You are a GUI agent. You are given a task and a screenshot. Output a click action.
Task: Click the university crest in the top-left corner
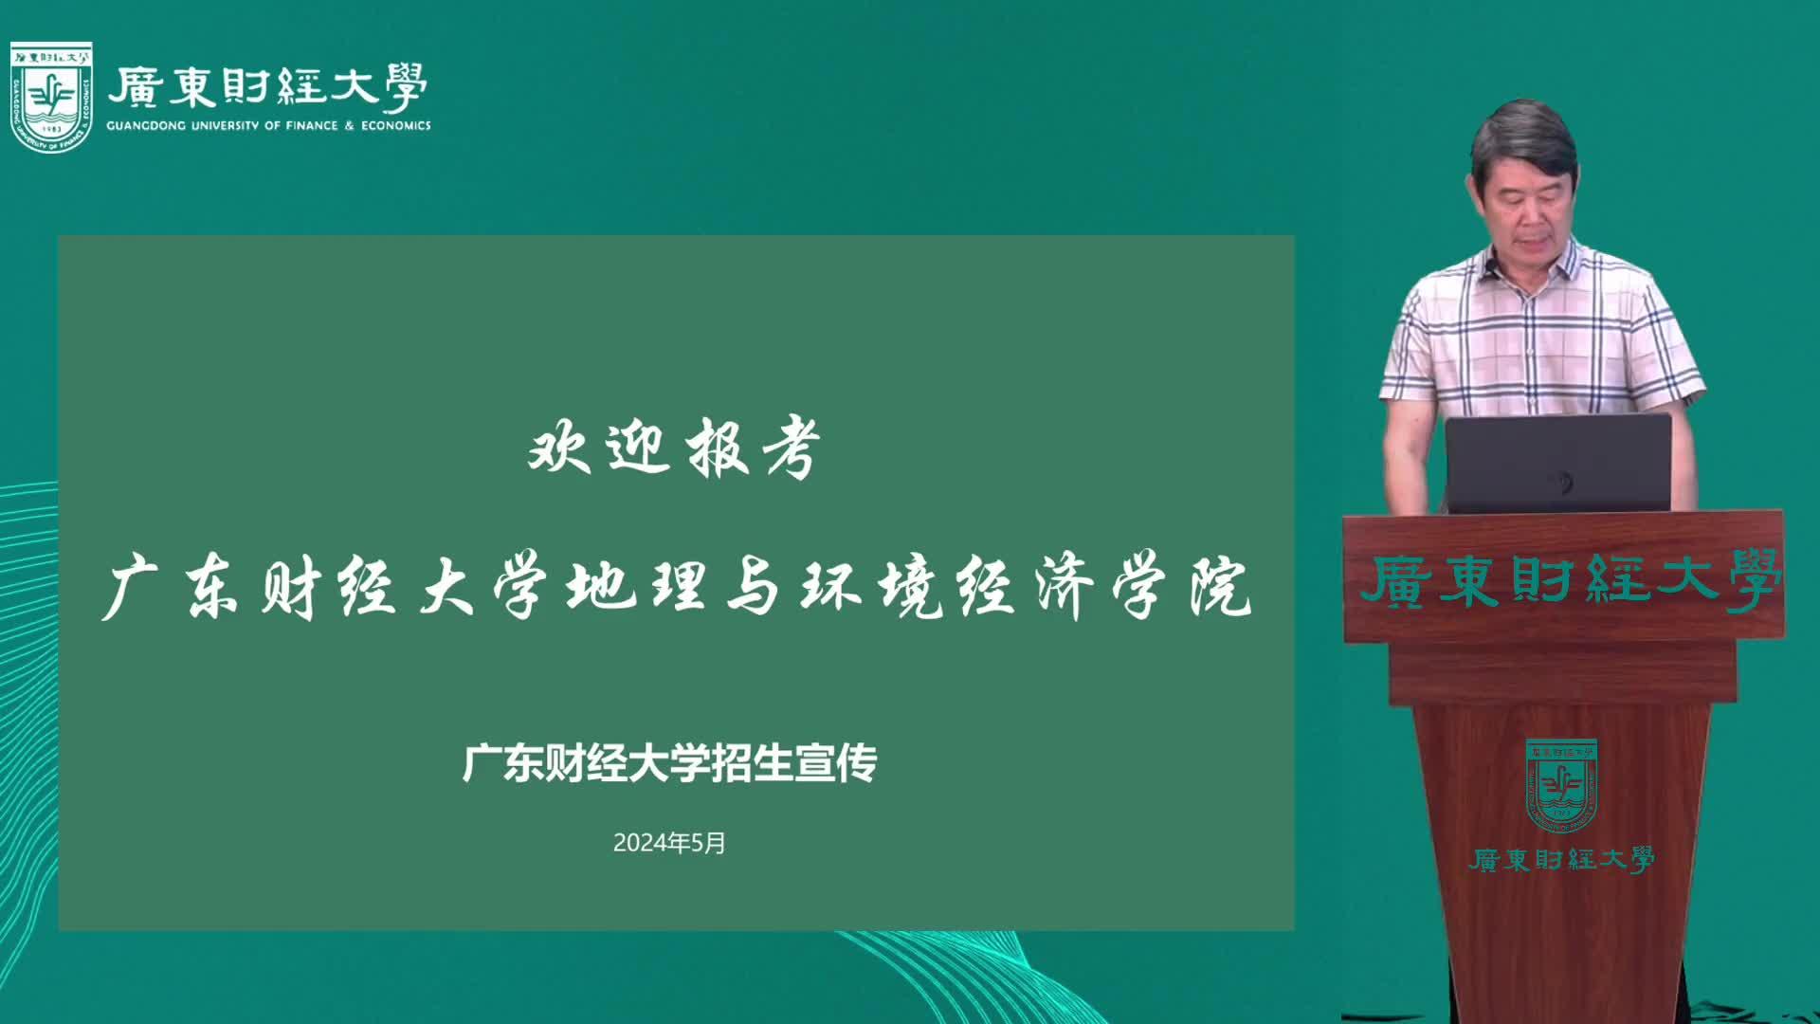[x=51, y=97]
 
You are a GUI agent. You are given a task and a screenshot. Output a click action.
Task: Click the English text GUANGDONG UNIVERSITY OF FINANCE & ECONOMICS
[x=268, y=125]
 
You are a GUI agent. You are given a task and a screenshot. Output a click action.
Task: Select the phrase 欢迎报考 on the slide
[x=674, y=448]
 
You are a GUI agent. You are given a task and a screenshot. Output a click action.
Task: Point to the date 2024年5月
[x=669, y=843]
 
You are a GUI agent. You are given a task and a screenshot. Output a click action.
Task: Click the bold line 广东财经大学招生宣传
[x=669, y=763]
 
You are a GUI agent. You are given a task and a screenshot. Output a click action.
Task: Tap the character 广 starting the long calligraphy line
[x=131, y=589]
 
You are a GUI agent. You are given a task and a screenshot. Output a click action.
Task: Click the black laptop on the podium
[x=1557, y=464]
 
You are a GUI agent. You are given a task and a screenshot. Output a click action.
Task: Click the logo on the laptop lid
[x=1560, y=482]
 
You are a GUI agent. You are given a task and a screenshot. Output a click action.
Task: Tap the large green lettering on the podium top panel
[x=1570, y=580]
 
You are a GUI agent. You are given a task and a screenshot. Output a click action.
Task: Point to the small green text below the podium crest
[x=1561, y=860]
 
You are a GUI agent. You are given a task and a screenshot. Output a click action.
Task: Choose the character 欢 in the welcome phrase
[x=559, y=448]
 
